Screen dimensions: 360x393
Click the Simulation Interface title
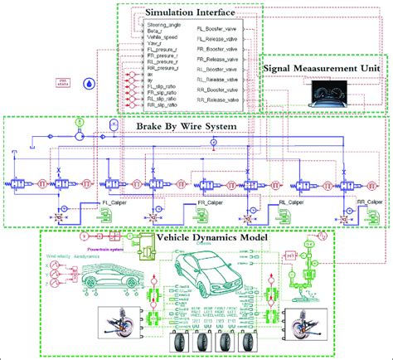click(x=188, y=13)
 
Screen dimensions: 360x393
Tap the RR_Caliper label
click(x=366, y=202)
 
